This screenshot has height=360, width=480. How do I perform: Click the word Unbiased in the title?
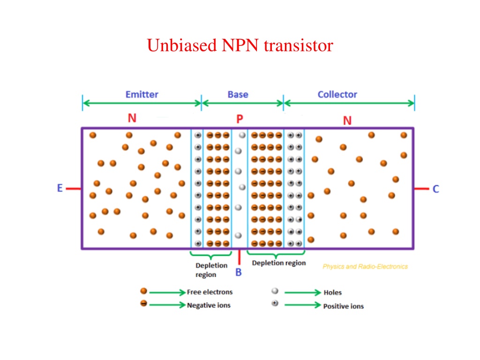tap(182, 45)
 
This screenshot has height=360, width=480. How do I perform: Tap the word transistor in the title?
tap(299, 45)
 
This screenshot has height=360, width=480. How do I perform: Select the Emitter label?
tap(142, 94)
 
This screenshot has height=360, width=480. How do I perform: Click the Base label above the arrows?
tap(238, 94)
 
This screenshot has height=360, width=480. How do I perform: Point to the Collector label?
tap(337, 94)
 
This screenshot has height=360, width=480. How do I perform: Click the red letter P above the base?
tap(240, 119)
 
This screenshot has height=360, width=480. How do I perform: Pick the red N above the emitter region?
tap(132, 118)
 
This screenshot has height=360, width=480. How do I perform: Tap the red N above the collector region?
tap(347, 120)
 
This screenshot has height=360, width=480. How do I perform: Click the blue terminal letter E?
tap(60, 188)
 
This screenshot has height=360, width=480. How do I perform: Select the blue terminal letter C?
tap(435, 189)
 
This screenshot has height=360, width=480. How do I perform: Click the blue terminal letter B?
tap(239, 272)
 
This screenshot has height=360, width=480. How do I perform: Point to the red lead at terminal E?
tap(74, 188)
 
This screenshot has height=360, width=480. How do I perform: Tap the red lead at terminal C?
tap(421, 189)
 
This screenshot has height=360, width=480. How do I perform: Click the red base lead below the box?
tap(239, 257)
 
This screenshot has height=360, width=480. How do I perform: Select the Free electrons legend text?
tap(210, 292)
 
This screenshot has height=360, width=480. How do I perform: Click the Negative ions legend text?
tap(209, 305)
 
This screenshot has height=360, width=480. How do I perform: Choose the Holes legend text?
tap(333, 292)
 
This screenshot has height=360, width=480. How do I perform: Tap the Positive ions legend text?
tap(344, 306)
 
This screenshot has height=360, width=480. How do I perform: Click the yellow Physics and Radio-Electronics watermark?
tap(365, 267)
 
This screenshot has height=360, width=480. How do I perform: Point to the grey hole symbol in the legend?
tap(275, 291)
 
